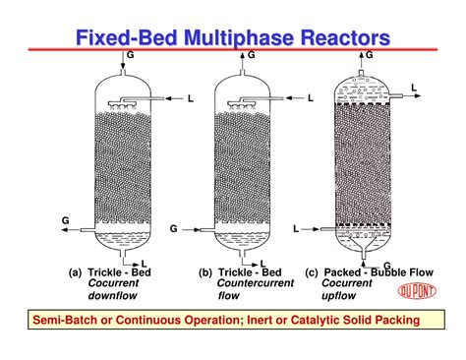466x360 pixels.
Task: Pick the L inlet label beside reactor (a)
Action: pyautogui.click(x=191, y=98)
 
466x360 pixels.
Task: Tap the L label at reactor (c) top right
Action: pyautogui.click(x=414, y=89)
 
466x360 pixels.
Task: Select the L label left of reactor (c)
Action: pyautogui.click(x=296, y=228)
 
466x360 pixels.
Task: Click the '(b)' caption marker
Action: pyautogui.click(x=205, y=272)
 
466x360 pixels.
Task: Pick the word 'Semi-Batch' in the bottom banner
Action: pyautogui.click(x=66, y=321)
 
